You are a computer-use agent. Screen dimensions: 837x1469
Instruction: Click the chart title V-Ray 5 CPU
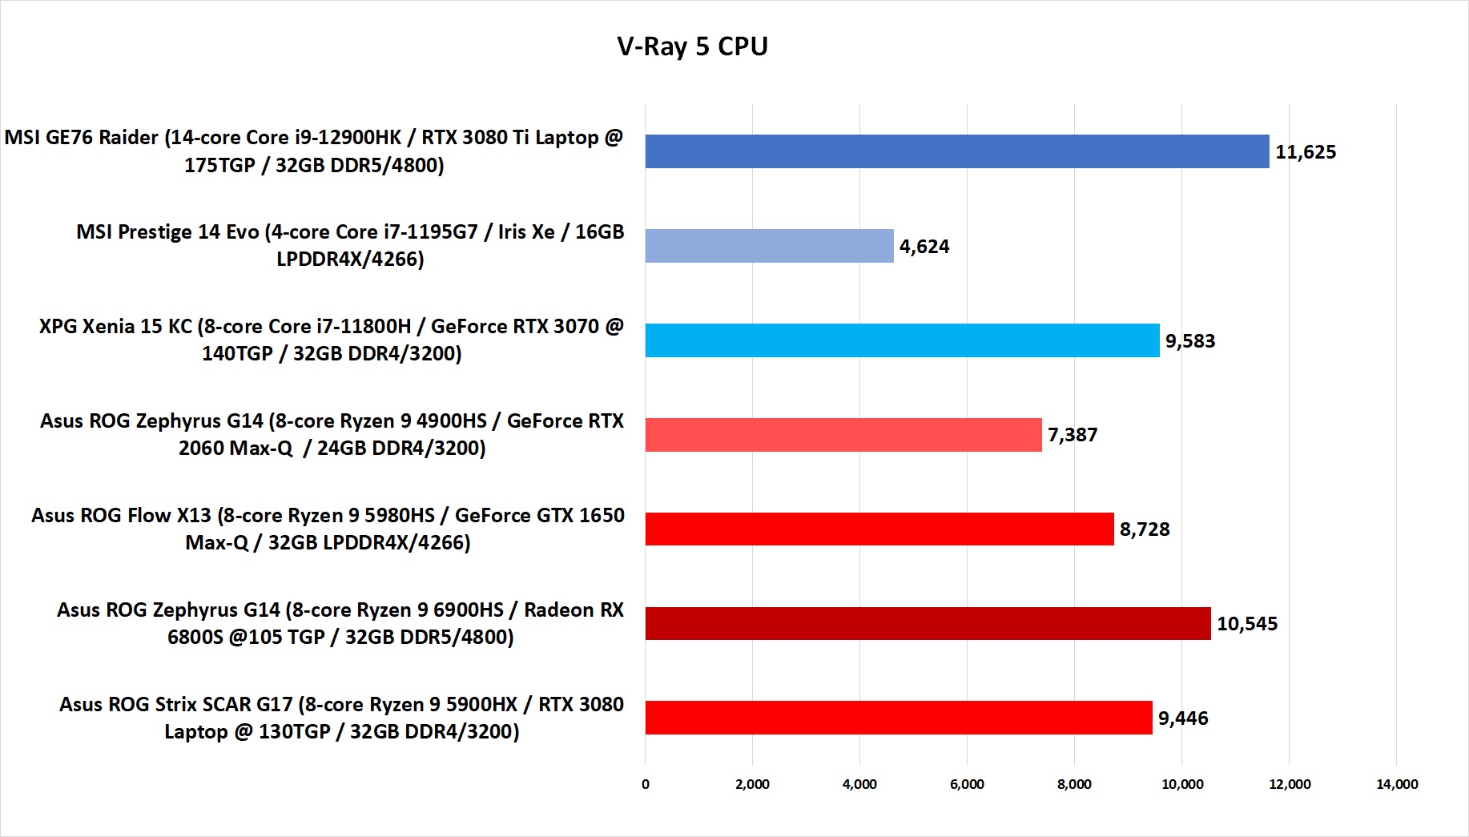tap(692, 46)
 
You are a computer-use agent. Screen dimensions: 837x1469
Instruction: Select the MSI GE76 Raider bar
tap(956, 151)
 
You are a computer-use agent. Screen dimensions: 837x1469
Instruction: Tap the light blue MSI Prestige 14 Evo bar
tap(769, 246)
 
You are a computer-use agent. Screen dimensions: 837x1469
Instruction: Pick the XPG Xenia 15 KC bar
tap(902, 340)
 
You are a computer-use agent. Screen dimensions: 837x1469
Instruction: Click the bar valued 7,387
tap(843, 435)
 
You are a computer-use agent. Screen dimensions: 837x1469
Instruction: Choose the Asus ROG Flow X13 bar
tap(879, 529)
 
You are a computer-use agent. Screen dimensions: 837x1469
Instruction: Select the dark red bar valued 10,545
tap(928, 624)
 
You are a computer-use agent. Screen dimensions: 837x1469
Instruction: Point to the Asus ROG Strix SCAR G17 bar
tap(898, 718)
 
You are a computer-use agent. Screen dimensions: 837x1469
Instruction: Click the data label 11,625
tap(1306, 152)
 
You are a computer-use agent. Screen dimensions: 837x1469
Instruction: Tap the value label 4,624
tap(924, 247)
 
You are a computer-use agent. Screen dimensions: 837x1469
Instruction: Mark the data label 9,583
tap(1190, 341)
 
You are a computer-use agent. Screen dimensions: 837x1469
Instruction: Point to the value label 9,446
tap(1183, 718)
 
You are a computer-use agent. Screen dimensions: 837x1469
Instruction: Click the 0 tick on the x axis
tap(646, 784)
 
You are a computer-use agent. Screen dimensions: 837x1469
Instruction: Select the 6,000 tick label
tap(967, 784)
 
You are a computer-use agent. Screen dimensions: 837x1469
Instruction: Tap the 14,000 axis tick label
tap(1397, 784)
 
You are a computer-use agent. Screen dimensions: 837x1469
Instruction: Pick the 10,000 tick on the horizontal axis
tap(1182, 784)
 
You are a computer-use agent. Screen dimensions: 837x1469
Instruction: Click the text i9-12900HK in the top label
tap(348, 138)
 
